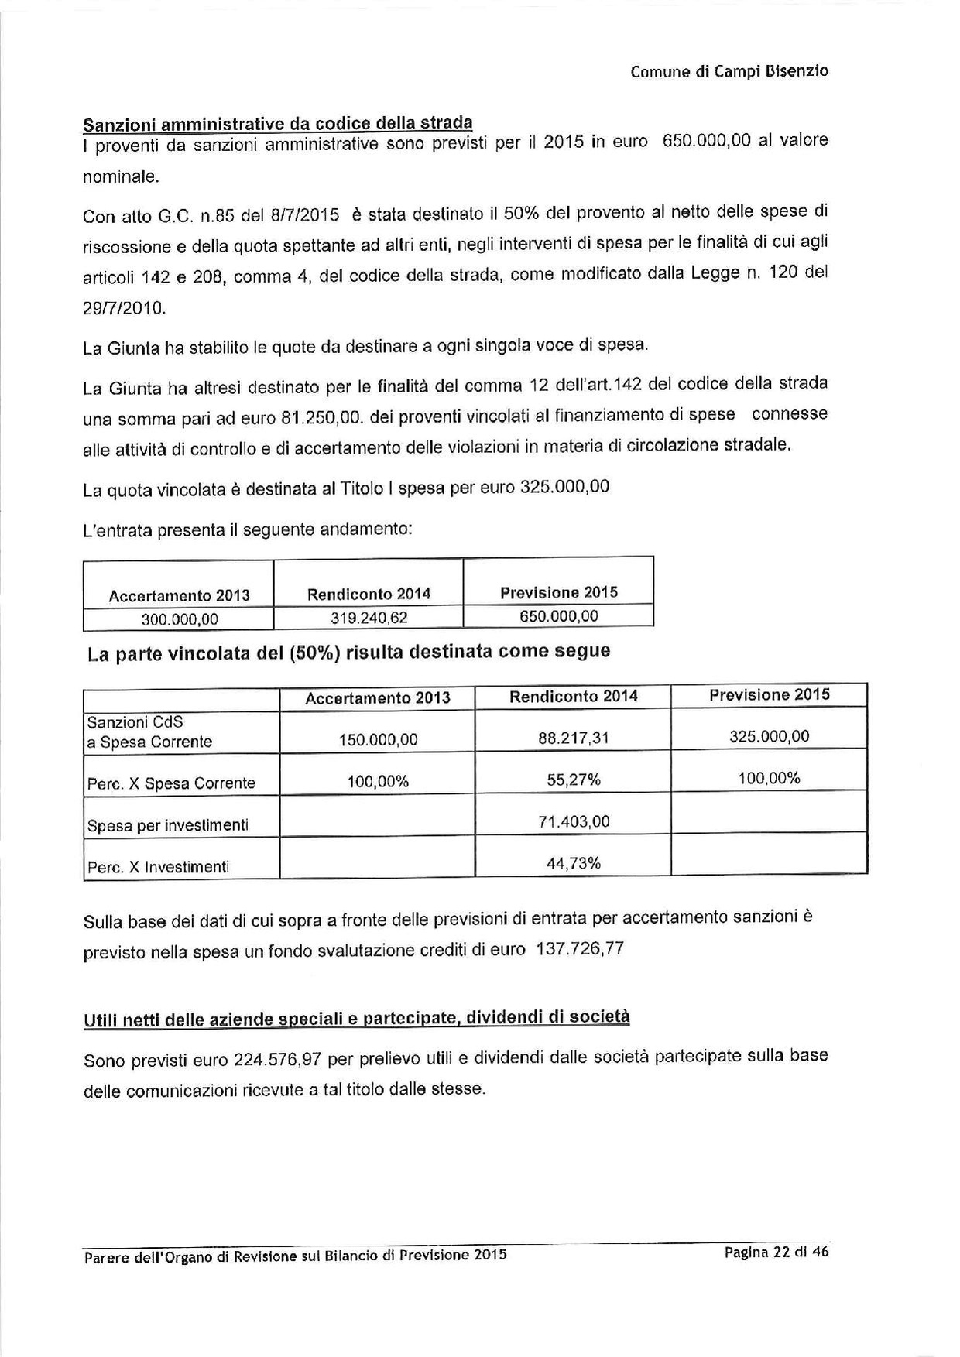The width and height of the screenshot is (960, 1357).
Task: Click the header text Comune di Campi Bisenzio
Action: [x=729, y=72]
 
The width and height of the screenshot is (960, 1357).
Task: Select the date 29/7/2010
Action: [x=124, y=308]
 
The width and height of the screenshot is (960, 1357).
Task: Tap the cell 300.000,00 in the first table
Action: [x=179, y=619]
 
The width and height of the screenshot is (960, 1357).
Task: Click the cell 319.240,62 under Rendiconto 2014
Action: [x=368, y=619]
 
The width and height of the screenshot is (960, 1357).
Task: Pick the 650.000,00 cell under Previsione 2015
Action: [x=558, y=617]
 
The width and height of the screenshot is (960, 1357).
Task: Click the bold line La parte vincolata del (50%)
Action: [x=348, y=653]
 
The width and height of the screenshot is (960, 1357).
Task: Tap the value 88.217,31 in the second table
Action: [x=573, y=738]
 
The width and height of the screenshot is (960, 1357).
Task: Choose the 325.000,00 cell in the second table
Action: [x=769, y=736]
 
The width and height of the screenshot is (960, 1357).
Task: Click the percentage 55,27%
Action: [x=573, y=780]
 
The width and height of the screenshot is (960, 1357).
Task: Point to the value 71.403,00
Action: [x=573, y=821]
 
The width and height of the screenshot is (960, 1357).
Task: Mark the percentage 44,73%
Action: [x=573, y=863]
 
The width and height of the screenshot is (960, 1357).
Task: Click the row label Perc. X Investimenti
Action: [x=158, y=868]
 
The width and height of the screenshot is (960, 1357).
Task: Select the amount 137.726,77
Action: [x=579, y=949]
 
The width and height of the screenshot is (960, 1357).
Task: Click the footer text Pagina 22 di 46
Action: [x=776, y=1252]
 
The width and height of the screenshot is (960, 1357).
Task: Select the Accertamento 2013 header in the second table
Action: [x=377, y=697]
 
